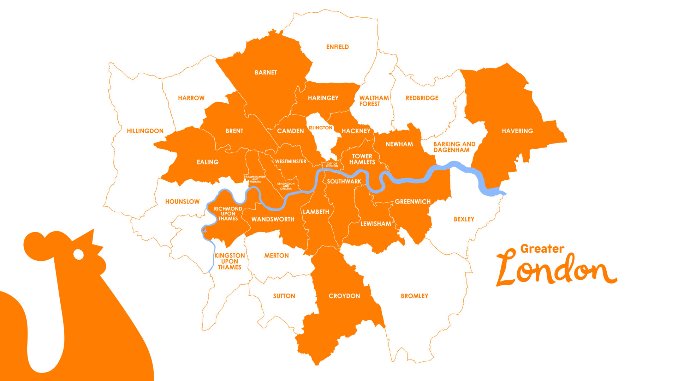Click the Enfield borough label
[x=337, y=47]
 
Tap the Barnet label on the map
[x=266, y=72]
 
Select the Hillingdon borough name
[x=145, y=131]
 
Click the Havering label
[x=517, y=131]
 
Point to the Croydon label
[x=344, y=296]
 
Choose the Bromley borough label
[x=414, y=296]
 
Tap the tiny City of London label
[x=332, y=165]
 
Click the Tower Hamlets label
[x=362, y=159]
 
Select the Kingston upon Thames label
[x=230, y=261]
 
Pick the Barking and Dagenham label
[x=454, y=147]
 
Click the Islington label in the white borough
[x=320, y=128]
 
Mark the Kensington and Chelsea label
[x=286, y=186]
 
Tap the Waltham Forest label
[x=374, y=101]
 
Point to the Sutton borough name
[x=284, y=296]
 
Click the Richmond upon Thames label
[x=228, y=214]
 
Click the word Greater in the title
[x=542, y=249]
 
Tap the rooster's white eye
[x=78, y=254]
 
